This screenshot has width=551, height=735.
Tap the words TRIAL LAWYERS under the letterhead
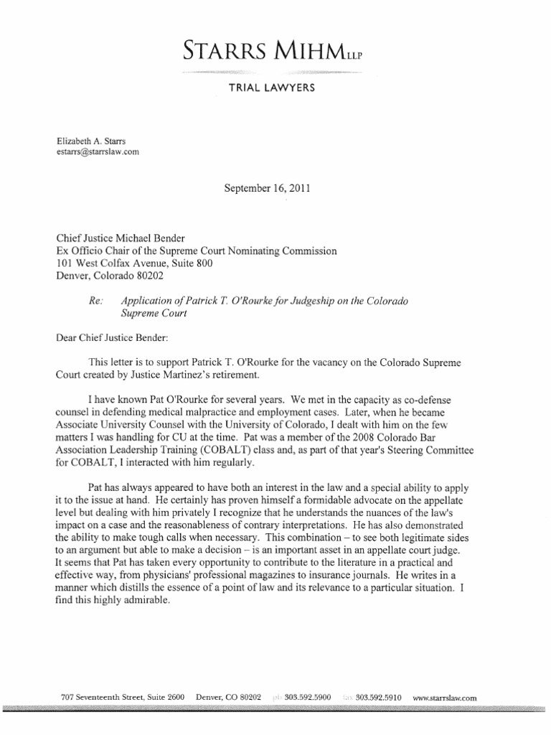point(275,88)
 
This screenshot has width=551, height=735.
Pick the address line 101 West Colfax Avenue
point(114,263)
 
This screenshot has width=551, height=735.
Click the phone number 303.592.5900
point(307,698)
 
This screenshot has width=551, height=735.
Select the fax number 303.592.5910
point(377,698)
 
